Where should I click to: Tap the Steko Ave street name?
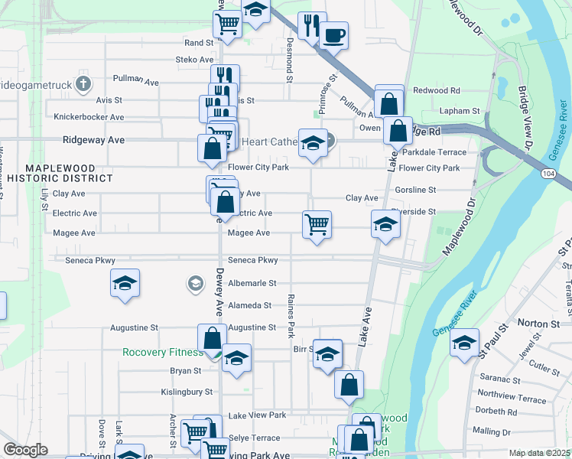click(194, 59)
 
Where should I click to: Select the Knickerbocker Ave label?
click(89, 117)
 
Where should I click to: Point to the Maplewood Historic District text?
click(69, 173)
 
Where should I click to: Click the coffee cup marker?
click(333, 34)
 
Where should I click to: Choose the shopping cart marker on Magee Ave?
click(317, 224)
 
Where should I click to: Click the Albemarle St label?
click(252, 283)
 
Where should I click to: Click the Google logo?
click(25, 449)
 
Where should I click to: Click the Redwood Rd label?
click(436, 90)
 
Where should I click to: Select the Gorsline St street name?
click(415, 190)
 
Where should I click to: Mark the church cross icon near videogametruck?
click(83, 83)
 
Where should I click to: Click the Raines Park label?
click(291, 316)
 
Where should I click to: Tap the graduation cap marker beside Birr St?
click(327, 354)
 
